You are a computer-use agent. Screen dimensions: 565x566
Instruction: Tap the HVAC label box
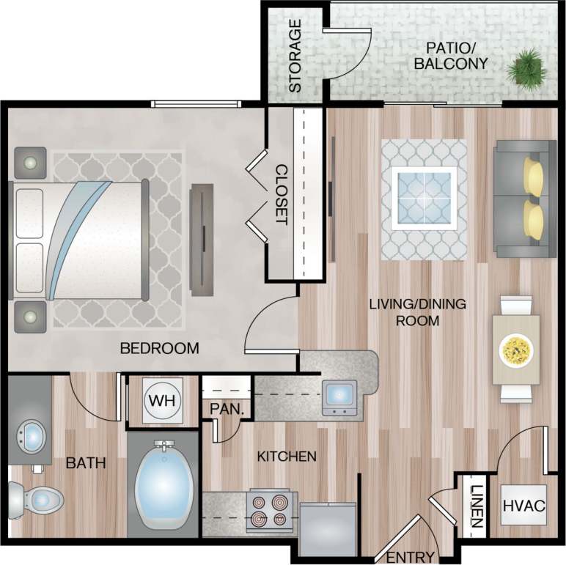(524, 506)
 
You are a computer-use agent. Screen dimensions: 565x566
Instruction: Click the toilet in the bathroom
(37, 500)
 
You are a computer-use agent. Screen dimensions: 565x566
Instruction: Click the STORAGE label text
(295, 56)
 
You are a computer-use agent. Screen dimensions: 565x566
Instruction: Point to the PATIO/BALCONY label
(450, 56)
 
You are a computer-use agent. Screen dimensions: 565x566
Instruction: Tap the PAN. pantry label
(226, 409)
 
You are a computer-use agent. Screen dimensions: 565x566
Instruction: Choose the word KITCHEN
(287, 457)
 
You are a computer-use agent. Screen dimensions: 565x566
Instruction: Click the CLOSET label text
(280, 193)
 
